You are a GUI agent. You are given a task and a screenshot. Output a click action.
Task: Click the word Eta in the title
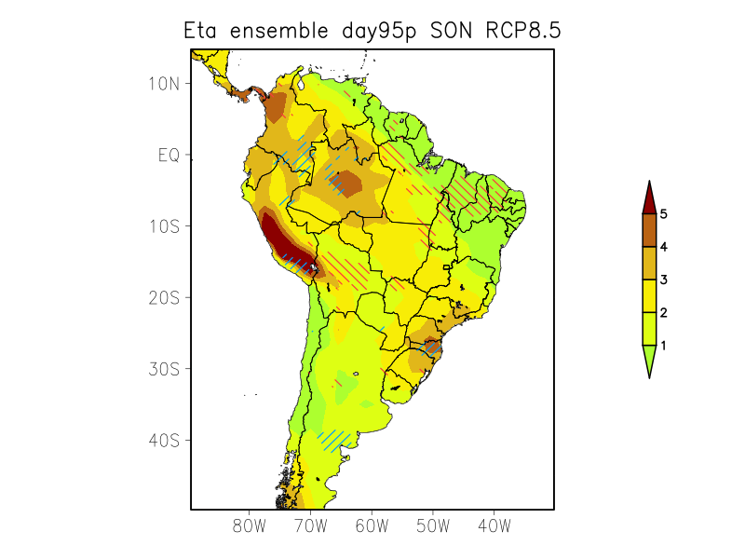point(202,31)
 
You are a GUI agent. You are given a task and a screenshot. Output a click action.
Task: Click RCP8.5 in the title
point(523,31)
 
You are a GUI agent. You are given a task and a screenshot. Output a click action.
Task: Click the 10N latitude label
point(163,84)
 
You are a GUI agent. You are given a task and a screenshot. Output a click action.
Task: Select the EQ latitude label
point(169,155)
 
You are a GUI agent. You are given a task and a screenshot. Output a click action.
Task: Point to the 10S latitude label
point(163,226)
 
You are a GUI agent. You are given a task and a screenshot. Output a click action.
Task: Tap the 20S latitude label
point(163,297)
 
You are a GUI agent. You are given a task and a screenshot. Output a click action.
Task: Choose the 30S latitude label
point(163,369)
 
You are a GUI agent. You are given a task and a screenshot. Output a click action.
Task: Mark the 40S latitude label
point(163,440)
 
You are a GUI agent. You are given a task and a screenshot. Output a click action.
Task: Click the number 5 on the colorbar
point(664,214)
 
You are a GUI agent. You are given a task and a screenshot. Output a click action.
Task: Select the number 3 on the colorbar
point(664,279)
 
